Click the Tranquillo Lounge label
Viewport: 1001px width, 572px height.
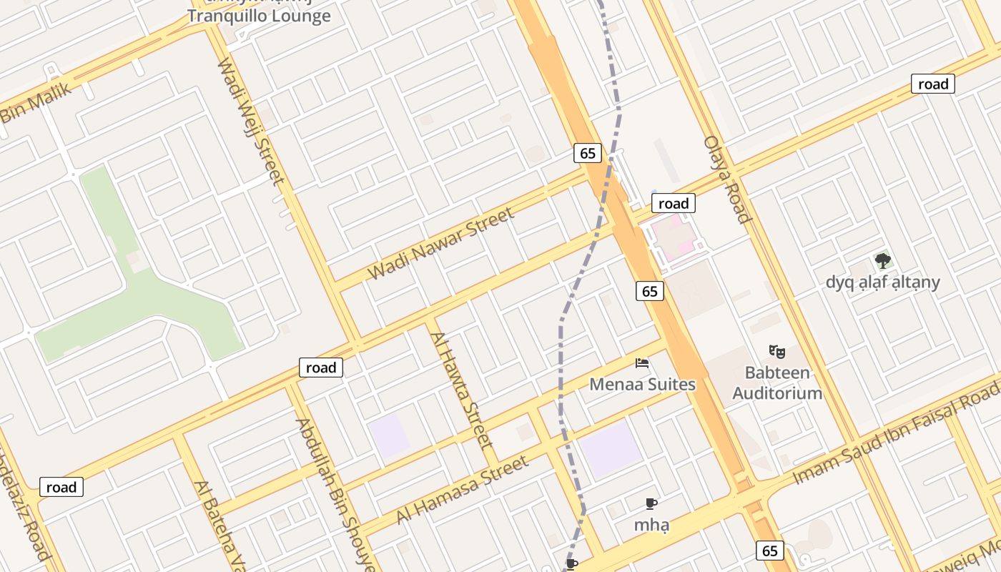pyautogui.click(x=259, y=16)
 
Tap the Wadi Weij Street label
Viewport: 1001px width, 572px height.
pyautogui.click(x=251, y=122)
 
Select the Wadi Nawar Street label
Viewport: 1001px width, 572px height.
pyautogui.click(x=440, y=244)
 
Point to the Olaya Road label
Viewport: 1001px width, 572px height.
pyautogui.click(x=727, y=179)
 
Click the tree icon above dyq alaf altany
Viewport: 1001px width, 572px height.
pyautogui.click(x=883, y=261)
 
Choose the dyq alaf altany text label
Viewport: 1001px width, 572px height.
pyautogui.click(x=882, y=282)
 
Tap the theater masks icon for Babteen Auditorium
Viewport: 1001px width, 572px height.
pyautogui.click(x=777, y=351)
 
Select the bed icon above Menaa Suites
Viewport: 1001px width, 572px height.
pyautogui.click(x=642, y=363)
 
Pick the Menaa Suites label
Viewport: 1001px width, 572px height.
pyautogui.click(x=642, y=385)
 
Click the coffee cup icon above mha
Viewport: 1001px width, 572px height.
pyautogui.click(x=651, y=503)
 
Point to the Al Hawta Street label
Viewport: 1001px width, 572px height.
pyautogui.click(x=462, y=389)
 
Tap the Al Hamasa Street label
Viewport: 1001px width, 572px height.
pyautogui.click(x=463, y=488)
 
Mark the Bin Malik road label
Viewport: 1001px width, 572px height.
pyautogui.click(x=36, y=103)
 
